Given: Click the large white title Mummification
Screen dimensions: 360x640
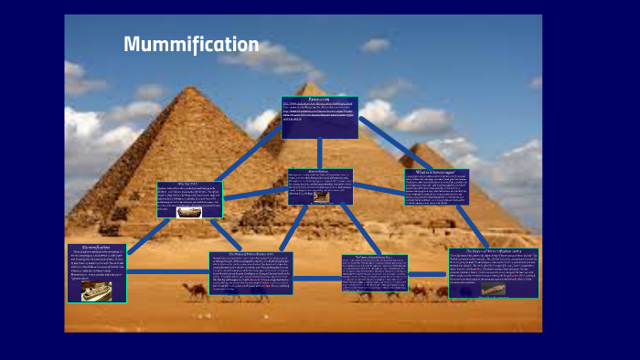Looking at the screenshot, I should pos(191,44).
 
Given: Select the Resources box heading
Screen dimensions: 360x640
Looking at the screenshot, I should pos(319,100).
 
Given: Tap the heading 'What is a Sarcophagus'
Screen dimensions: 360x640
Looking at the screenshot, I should pos(443,172).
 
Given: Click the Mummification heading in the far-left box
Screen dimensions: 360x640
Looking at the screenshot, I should pos(96,248).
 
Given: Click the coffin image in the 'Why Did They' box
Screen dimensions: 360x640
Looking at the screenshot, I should pos(188,213).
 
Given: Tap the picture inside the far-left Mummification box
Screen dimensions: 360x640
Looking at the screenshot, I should pos(96,291).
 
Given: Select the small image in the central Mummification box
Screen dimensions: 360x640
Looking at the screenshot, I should pos(321,196).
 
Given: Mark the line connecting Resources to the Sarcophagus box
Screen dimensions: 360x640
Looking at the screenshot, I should pos(382,143).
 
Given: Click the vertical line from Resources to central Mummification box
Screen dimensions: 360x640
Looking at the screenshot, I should pos(319,153).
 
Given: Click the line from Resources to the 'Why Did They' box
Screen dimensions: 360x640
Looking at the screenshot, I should pos(247,154).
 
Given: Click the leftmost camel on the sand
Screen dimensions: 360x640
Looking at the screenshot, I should pos(195,291).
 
